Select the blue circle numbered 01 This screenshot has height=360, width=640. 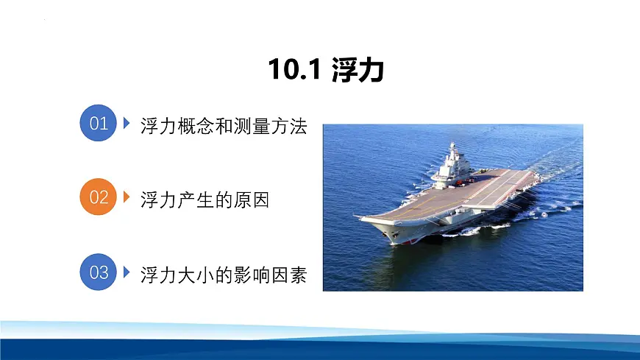pyautogui.click(x=99, y=123)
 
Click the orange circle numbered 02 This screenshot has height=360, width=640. pyautogui.click(x=99, y=197)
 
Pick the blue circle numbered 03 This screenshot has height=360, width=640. pyautogui.click(x=99, y=272)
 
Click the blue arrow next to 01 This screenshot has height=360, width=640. pyautogui.click(x=127, y=122)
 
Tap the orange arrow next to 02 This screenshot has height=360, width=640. pyautogui.click(x=127, y=197)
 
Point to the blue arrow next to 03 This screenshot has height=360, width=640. pyautogui.click(x=127, y=272)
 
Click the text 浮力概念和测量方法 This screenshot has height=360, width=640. pyautogui.click(x=223, y=126)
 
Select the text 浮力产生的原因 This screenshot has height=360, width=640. pyautogui.click(x=205, y=200)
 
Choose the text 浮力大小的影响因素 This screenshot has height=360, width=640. pyautogui.click(x=223, y=275)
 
